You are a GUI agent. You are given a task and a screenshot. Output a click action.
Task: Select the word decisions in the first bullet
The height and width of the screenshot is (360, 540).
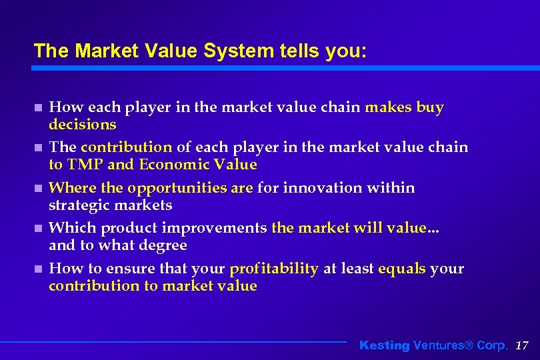pos(83,125)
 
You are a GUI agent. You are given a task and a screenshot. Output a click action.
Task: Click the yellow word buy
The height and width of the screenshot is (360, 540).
pos(430,107)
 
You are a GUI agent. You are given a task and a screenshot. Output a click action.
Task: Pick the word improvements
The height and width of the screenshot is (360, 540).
pos(213,228)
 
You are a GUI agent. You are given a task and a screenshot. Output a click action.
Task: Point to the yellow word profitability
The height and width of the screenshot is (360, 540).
pos(273,269)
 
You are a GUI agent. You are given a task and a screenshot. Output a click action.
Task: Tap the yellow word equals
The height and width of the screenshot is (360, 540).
pos(402,269)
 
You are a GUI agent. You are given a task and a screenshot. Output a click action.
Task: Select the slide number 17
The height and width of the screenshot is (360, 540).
pos(522,345)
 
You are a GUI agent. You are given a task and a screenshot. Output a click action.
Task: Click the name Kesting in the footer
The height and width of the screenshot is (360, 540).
pos(384,345)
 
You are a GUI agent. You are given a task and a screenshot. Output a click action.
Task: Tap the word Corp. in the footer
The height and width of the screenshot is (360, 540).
pos(492,345)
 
